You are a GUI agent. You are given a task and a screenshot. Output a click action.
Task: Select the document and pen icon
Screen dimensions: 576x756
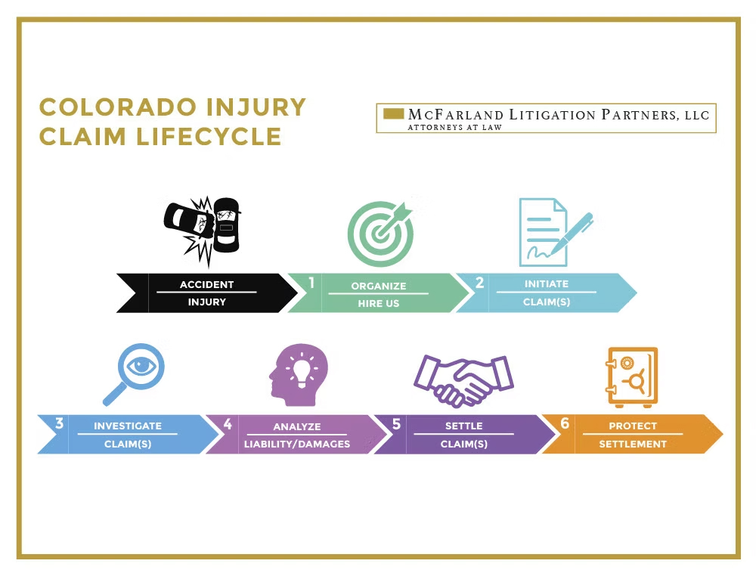tap(552, 231)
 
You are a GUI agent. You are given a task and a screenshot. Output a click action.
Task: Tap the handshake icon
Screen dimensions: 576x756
tap(463, 379)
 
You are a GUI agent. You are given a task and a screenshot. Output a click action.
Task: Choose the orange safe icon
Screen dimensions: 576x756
tap(631, 376)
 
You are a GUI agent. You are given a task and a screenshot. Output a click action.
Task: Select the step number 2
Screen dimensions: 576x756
tap(479, 283)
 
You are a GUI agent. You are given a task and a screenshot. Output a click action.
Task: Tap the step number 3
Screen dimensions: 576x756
tap(59, 423)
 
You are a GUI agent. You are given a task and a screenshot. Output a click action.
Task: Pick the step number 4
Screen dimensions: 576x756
tap(228, 423)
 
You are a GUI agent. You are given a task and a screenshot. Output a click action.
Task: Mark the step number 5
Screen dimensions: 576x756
tap(396, 423)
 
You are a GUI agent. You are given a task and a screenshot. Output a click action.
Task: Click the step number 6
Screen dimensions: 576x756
tap(564, 423)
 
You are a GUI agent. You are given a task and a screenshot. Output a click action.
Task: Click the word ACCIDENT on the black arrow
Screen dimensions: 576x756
tap(206, 285)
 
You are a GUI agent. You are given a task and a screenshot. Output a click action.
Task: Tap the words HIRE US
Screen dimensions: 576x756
tap(378, 304)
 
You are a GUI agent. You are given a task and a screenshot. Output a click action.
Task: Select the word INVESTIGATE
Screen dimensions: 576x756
tap(128, 426)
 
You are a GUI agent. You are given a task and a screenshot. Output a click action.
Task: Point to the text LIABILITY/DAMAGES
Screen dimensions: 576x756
tap(297, 444)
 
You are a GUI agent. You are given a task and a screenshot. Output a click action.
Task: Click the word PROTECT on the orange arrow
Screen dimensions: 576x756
tap(633, 426)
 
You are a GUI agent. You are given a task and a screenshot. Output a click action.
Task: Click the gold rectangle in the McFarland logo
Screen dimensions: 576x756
tap(393, 114)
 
